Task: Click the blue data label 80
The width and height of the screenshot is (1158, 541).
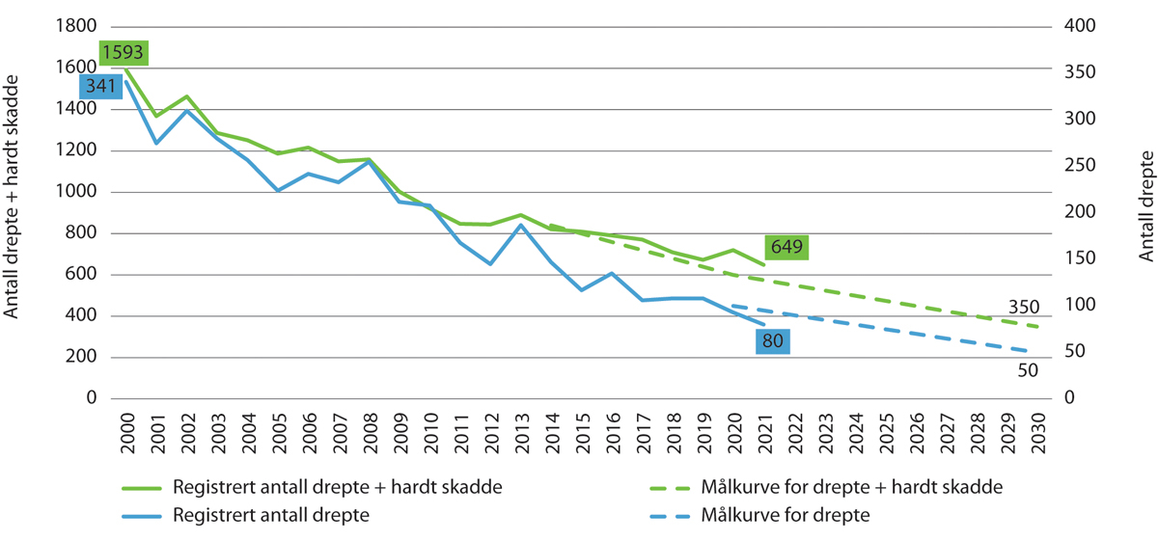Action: tap(773, 341)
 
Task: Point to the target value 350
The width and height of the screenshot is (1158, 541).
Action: tap(1023, 309)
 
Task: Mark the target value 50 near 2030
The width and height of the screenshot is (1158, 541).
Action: tap(1028, 369)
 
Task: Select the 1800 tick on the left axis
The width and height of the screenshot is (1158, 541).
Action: tap(77, 26)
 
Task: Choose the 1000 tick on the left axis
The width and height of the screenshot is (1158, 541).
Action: tap(77, 192)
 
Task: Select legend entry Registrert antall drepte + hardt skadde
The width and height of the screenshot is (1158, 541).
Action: tap(337, 488)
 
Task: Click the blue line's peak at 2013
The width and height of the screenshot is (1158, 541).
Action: tap(521, 225)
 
